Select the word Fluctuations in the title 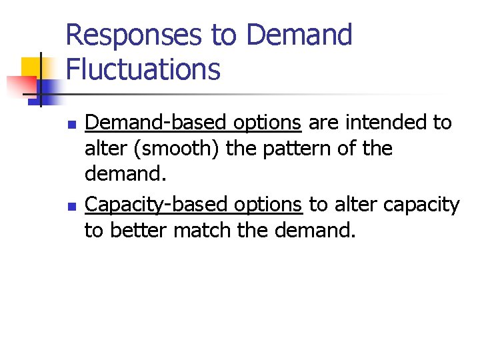pos(143,69)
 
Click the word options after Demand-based pos(267,123)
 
